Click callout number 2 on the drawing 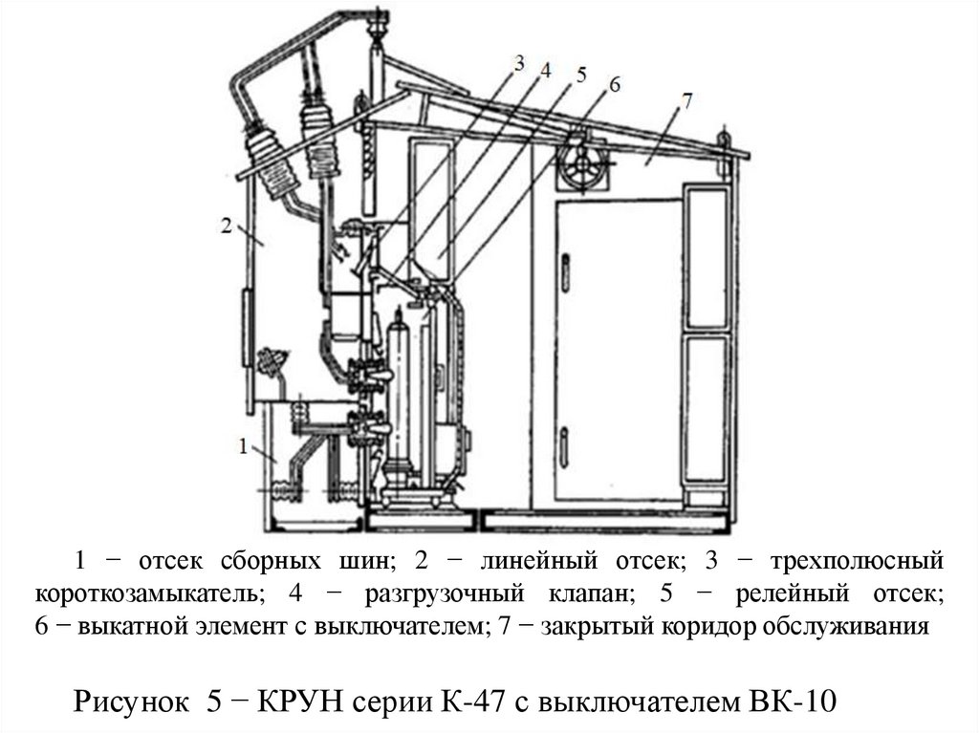(226, 226)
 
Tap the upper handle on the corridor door (565, 273)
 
